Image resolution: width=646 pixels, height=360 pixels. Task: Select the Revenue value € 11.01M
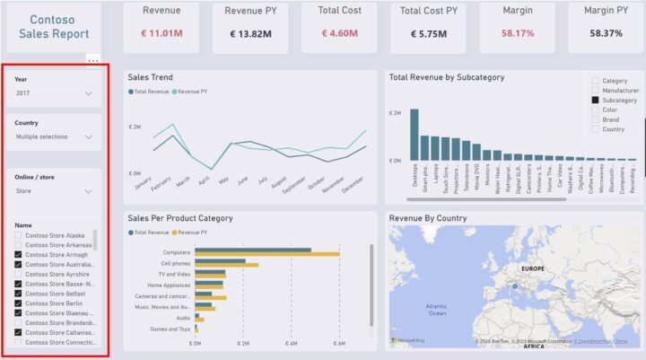click(161, 34)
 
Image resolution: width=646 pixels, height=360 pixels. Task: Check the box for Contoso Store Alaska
click(19, 235)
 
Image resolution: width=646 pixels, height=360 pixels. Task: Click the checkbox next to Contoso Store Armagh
click(19, 255)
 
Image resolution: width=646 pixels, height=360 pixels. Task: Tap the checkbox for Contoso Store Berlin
click(19, 303)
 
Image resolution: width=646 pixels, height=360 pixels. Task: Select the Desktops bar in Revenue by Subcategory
click(415, 135)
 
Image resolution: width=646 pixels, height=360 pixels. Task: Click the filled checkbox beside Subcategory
click(594, 101)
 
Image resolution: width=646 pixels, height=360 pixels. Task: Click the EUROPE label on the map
click(533, 268)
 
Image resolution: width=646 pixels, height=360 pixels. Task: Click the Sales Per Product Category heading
click(180, 218)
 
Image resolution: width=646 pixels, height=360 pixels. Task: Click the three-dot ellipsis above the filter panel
click(92, 60)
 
